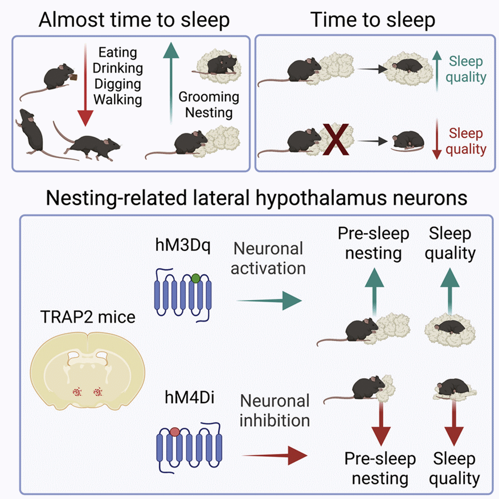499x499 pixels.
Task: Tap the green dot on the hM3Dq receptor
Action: pyautogui.click(x=195, y=278)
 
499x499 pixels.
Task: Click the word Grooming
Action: pyautogui.click(x=206, y=96)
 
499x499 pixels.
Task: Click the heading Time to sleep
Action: pyautogui.click(x=373, y=21)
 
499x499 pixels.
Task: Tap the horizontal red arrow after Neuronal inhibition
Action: pyautogui.click(x=275, y=455)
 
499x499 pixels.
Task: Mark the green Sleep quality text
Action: pyautogui.click(x=467, y=69)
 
